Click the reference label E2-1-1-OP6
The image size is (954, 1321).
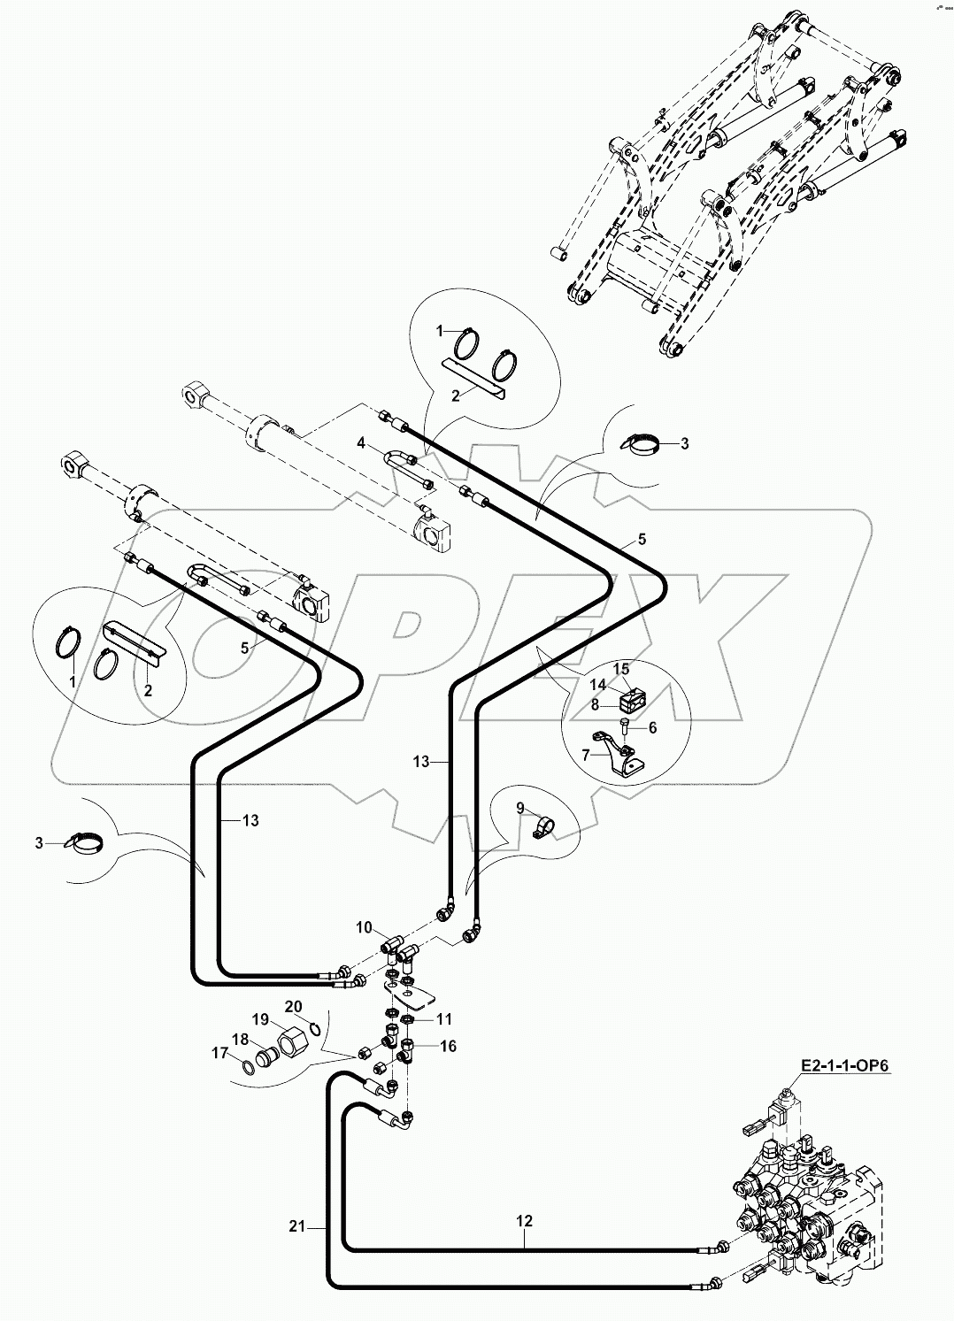(846, 1067)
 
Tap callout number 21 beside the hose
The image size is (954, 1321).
(296, 1226)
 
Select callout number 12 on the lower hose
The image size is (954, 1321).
(524, 1221)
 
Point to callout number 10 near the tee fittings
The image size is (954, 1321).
(365, 927)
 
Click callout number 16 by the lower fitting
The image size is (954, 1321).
(448, 1047)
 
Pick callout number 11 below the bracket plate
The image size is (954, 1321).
(443, 1019)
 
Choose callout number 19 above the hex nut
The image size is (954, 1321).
(260, 1019)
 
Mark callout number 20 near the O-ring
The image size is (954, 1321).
(293, 1006)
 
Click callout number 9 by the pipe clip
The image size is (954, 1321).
(521, 807)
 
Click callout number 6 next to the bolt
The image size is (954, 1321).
(653, 727)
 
